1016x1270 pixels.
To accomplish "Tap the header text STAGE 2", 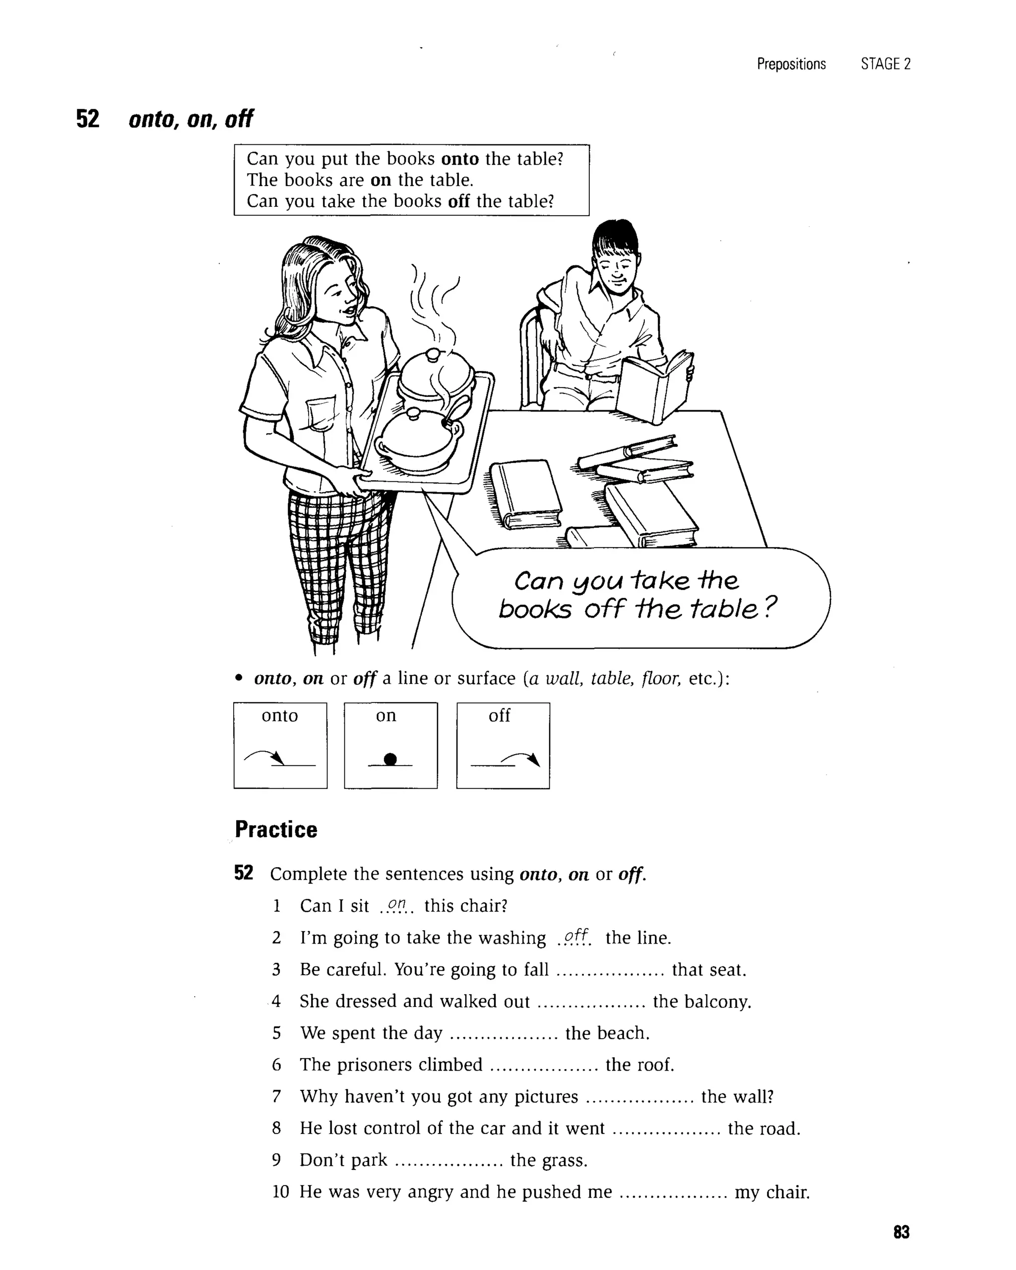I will point(885,64).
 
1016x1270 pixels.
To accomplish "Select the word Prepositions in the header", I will point(791,64).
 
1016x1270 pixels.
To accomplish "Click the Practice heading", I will point(276,829).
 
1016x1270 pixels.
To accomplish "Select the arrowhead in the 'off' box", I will point(534,760).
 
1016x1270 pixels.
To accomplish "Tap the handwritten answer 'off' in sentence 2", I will point(575,936).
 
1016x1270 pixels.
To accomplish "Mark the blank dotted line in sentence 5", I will point(503,1034).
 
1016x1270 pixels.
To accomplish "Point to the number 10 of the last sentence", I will point(281,1192).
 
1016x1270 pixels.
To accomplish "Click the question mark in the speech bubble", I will point(770,606).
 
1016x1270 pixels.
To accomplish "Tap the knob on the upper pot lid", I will point(432,355).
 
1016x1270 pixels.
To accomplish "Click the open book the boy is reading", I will point(654,386).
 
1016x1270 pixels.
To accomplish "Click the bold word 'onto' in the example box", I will point(459,159).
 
